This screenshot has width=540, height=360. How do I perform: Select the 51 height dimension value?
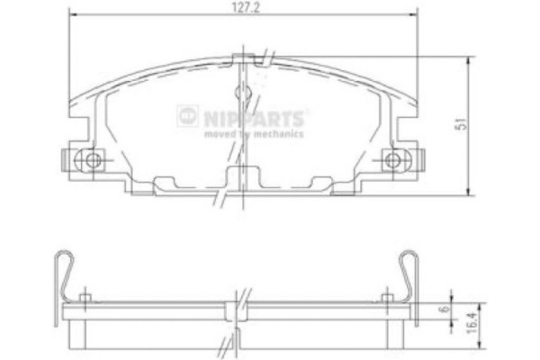pos(461,126)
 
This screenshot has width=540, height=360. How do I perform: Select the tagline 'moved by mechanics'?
pos(254,134)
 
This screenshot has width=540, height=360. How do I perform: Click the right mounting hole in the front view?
pos(392,161)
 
